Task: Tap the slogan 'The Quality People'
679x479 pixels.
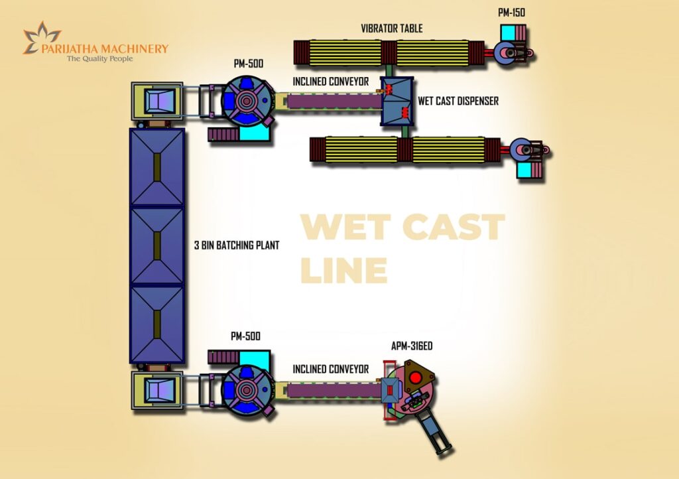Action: pos(99,59)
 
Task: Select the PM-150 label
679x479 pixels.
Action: pos(513,13)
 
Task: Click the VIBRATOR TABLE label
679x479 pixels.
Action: pos(391,29)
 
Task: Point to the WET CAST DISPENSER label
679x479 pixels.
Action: pos(458,102)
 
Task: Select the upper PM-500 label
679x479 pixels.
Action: pos(248,64)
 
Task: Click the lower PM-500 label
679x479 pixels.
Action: pos(245,336)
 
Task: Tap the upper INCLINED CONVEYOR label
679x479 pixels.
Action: pos(330,82)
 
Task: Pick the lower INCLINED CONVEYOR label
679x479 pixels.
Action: pos(330,370)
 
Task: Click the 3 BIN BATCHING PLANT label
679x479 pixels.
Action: pos(237,245)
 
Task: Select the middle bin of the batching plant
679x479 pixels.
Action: pos(157,245)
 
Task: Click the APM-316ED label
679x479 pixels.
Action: pos(412,346)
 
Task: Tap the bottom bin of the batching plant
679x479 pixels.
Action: pos(157,323)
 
